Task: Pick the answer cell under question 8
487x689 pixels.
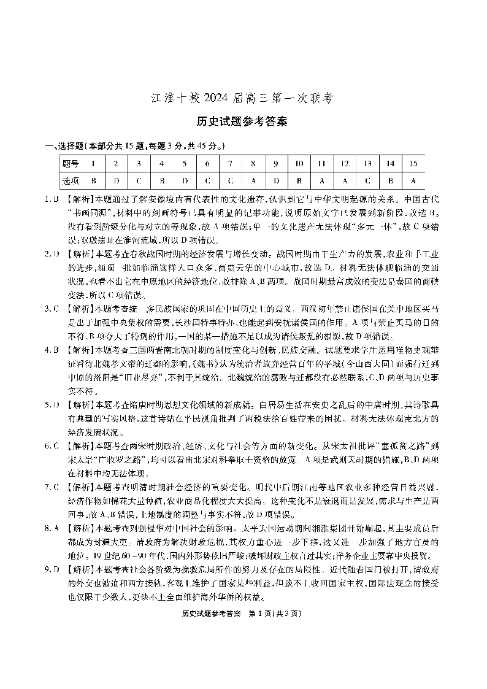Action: tap(253, 181)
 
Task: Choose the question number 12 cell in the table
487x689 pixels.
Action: tap(345, 164)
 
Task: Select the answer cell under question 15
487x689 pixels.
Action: tap(413, 181)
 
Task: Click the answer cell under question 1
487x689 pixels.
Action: tap(93, 181)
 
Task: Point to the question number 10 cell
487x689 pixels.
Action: tap(299, 164)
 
